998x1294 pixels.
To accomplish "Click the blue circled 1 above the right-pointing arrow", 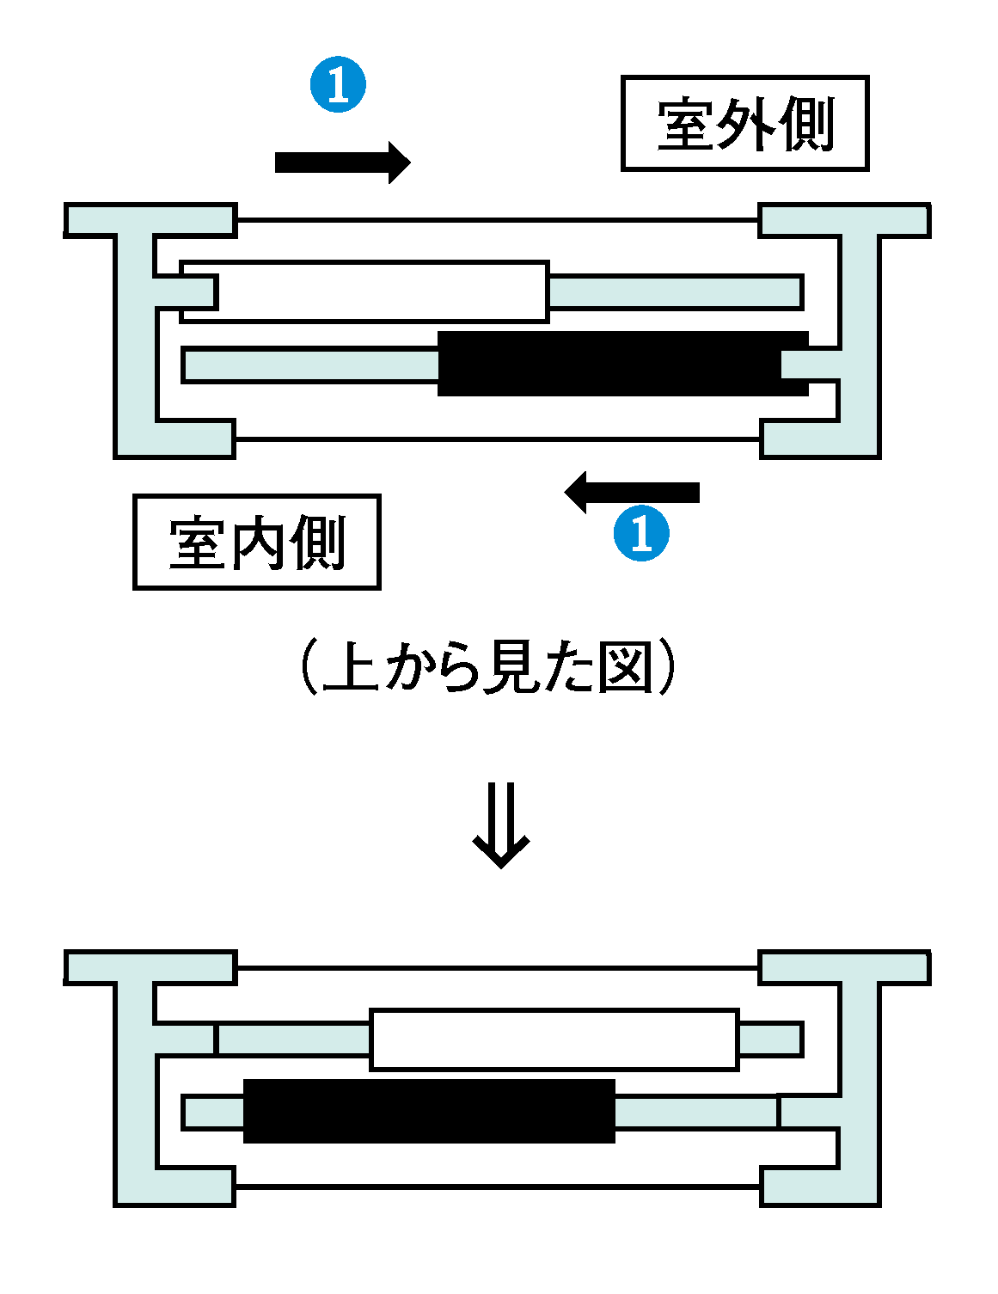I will click(338, 85).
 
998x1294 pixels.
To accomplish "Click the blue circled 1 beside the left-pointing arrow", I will click(641, 534).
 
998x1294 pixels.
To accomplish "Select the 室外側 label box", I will click(744, 124).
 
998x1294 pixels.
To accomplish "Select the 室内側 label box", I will click(256, 543).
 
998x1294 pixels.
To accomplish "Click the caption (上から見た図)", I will click(488, 667).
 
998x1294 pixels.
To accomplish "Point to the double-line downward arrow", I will click(500, 825).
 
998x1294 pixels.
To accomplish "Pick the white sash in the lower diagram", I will click(554, 1039).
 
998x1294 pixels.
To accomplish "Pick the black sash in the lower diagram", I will click(429, 1111).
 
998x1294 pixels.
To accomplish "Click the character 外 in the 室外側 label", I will click(744, 124).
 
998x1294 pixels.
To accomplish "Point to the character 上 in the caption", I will click(351, 667).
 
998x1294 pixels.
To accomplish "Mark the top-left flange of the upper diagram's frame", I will click(150, 220).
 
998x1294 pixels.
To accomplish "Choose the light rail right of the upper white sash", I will click(676, 292).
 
